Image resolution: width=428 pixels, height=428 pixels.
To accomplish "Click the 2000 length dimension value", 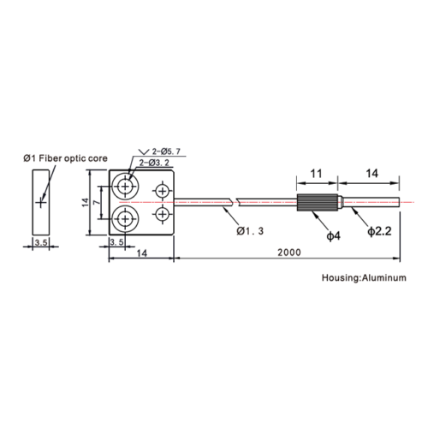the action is point(289,253).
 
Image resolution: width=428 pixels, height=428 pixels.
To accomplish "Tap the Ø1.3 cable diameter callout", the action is point(250,231).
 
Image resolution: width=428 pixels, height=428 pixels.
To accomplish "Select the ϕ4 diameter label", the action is point(333,236).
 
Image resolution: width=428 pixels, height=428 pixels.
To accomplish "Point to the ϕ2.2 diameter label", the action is point(379,231).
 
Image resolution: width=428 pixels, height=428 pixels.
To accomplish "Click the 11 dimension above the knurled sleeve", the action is point(316,174).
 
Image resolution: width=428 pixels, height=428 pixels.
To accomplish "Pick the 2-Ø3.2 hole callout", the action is point(154,163).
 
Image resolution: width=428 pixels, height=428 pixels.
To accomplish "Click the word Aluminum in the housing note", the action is point(384,277).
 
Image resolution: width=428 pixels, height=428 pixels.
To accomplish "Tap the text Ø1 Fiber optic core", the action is point(65,158).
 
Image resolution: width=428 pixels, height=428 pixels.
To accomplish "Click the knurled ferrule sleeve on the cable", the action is point(318,202).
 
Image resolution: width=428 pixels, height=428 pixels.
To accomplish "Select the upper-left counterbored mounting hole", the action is point(125,187).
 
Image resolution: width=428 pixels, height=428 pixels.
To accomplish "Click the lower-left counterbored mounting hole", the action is point(125,219).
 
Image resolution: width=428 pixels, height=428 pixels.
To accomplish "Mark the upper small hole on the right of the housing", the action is point(163,191).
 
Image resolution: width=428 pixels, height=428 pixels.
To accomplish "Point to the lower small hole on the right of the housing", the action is point(163,214).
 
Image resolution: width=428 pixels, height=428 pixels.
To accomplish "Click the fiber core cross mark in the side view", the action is point(41,203).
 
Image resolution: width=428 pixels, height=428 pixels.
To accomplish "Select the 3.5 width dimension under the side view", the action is point(41,242).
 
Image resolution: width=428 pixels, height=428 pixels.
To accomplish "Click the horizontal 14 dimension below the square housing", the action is point(141,253).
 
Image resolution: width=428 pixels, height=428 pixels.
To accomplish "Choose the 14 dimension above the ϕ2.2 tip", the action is point(372,174).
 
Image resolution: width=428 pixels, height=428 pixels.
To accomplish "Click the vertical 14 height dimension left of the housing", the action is point(86,202).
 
